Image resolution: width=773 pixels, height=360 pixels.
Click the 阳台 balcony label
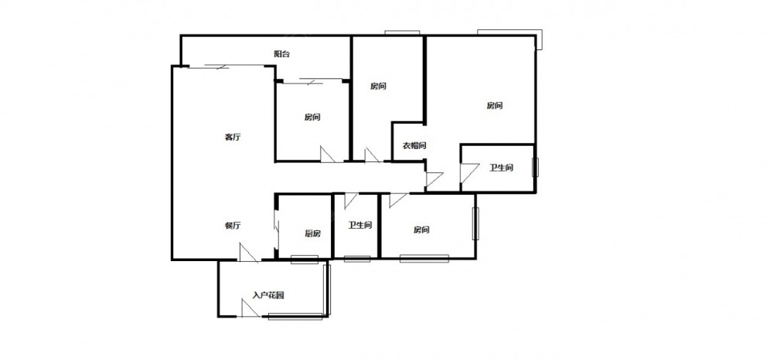tap(281, 54)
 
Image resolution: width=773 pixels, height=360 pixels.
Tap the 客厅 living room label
tap(233, 138)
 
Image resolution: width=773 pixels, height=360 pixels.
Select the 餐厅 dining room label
tap(233, 226)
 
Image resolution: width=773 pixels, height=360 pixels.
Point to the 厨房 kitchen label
tap(312, 234)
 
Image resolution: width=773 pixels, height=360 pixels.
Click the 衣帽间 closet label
tap(414, 146)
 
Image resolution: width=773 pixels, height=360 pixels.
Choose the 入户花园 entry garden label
tap(268, 295)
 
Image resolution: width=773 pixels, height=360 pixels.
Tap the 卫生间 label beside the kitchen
tap(360, 226)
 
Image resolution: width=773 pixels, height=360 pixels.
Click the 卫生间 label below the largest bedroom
tap(501, 168)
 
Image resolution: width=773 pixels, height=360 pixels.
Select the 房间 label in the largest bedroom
tap(495, 105)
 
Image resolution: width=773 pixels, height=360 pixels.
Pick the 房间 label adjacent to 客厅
tap(312, 117)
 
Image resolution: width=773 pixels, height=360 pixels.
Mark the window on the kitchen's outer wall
tap(304, 259)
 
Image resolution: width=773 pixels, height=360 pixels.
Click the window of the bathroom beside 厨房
tap(357, 259)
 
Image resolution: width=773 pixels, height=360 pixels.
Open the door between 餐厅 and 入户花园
tap(248, 252)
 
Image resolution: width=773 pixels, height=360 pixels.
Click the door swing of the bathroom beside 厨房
tap(351, 200)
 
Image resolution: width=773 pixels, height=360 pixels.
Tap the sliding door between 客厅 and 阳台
tap(207, 67)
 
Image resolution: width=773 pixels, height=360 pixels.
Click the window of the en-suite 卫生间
tap(535, 168)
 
